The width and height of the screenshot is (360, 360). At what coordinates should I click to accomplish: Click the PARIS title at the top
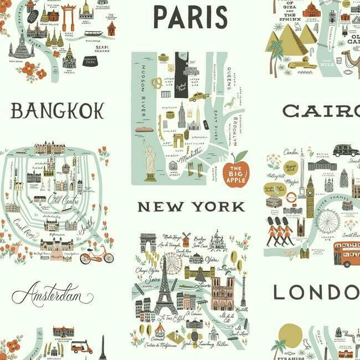[190, 17]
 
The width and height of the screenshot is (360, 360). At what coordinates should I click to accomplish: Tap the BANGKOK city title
[57, 111]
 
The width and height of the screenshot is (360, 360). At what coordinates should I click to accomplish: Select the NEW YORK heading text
[191, 207]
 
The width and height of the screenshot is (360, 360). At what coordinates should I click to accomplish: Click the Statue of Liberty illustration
[149, 161]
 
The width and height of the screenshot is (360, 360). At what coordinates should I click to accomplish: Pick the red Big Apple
[236, 169]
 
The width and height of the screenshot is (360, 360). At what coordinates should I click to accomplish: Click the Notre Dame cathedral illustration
[223, 293]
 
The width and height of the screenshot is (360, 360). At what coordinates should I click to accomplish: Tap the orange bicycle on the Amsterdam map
[96, 255]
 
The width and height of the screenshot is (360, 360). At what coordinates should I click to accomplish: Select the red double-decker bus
[347, 254]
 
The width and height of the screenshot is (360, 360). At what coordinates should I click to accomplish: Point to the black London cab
[346, 150]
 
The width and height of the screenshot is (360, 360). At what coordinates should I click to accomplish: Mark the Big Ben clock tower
[310, 196]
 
